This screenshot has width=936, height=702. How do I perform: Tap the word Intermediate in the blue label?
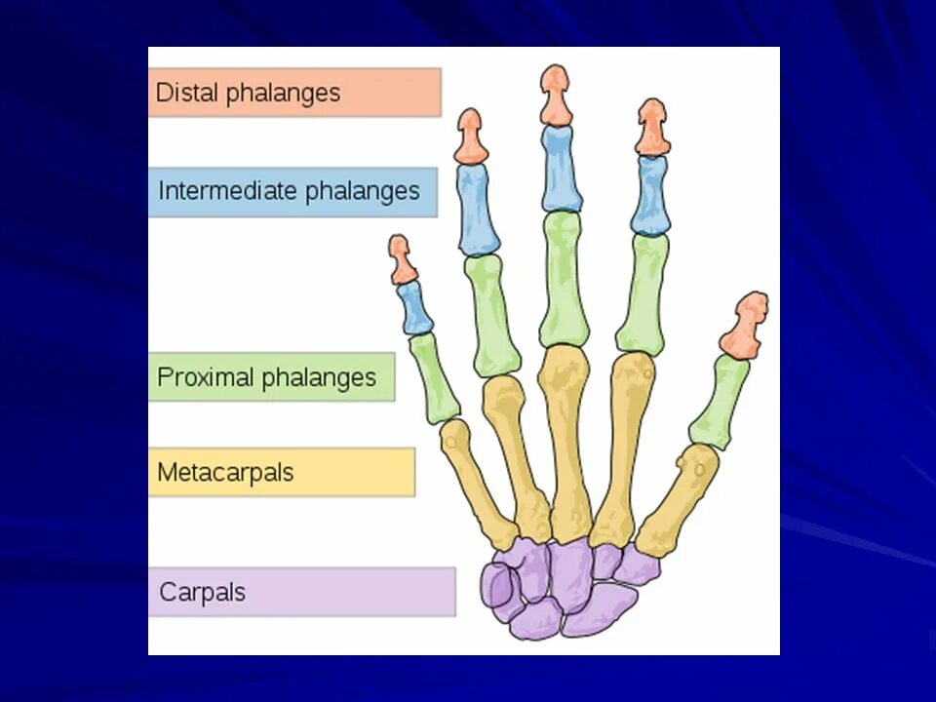click(227, 191)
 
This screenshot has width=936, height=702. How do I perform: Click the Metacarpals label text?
click(225, 473)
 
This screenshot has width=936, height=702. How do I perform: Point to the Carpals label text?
click(202, 592)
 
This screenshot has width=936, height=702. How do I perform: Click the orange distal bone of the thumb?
click(746, 325)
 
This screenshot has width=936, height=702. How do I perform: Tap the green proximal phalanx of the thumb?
click(721, 401)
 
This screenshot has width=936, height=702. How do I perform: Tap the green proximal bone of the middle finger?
click(564, 279)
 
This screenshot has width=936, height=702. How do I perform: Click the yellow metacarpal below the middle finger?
click(565, 439)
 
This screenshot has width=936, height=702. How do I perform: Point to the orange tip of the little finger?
click(401, 259)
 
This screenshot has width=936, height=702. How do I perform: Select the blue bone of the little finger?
click(415, 308)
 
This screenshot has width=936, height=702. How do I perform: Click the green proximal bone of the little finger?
click(434, 376)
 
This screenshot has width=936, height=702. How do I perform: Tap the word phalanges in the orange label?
click(284, 94)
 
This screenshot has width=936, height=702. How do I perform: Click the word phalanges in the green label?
click(325, 377)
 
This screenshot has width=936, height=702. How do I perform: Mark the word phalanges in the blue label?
click(363, 191)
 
